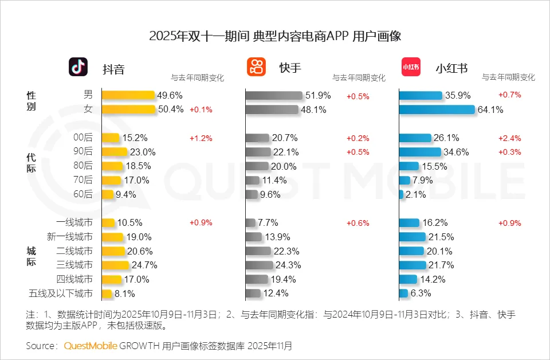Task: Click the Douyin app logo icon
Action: tap(78, 67)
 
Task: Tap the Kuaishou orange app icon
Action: tap(256, 67)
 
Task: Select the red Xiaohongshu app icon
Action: tap(410, 67)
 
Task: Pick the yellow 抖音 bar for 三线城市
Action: tap(115, 265)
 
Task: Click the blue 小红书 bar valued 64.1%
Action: tap(437, 109)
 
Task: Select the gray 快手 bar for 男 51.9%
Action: tap(274, 95)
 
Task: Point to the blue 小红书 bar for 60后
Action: tap(401, 194)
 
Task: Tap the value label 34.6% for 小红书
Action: tap(457, 152)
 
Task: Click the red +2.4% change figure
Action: tap(509, 138)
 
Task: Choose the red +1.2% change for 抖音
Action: tap(201, 138)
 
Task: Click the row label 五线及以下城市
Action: tap(60, 294)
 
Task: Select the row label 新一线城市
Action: tap(69, 237)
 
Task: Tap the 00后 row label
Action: tap(82, 138)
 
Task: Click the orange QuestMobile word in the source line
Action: tap(91, 346)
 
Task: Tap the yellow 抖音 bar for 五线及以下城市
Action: tap(107, 294)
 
